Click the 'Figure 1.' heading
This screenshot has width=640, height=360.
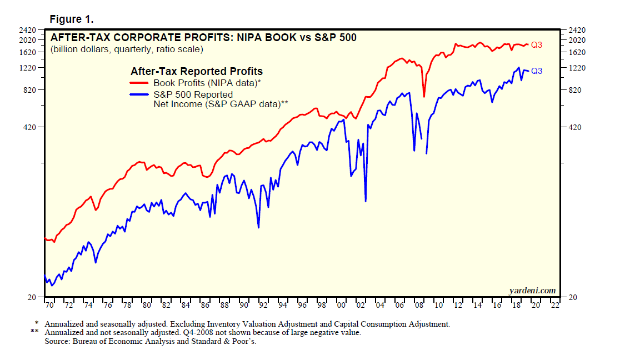pyautogui.click(x=71, y=19)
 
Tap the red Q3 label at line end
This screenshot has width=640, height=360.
pyautogui.click(x=537, y=45)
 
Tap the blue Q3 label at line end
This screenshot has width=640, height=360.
pyautogui.click(x=537, y=71)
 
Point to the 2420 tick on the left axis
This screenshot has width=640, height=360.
pyautogui.click(x=28, y=30)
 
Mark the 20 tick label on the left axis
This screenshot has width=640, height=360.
pyautogui.click(x=32, y=298)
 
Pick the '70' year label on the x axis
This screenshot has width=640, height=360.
pyautogui.click(x=48, y=306)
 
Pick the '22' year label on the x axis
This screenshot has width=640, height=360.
pyautogui.click(x=554, y=306)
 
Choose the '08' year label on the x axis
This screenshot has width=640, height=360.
pyautogui.click(x=419, y=306)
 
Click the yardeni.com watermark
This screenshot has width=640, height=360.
pyautogui.click(x=532, y=291)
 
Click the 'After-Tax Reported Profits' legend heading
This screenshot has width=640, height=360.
pyautogui.click(x=197, y=72)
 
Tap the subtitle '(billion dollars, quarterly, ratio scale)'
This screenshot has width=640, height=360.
pyautogui.click(x=127, y=49)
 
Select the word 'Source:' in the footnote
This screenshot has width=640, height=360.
pyautogui.click(x=57, y=341)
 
